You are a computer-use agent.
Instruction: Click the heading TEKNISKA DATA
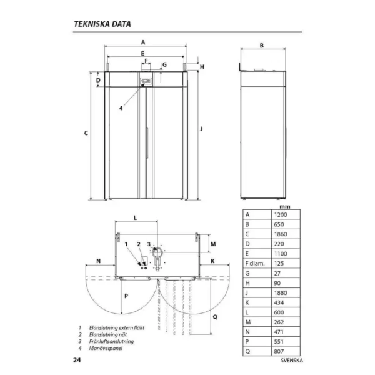click(102, 24)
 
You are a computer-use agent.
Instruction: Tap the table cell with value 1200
click(286, 214)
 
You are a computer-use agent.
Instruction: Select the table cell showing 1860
click(286, 234)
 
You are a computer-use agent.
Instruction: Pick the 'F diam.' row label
click(255, 264)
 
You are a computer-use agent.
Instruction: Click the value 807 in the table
click(286, 351)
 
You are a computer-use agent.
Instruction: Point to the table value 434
click(286, 302)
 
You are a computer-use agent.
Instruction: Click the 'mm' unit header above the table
click(285, 207)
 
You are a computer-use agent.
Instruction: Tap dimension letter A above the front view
click(143, 42)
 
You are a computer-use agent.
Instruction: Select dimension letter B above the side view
click(262, 46)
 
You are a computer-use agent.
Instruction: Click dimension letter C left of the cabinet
click(86, 133)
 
